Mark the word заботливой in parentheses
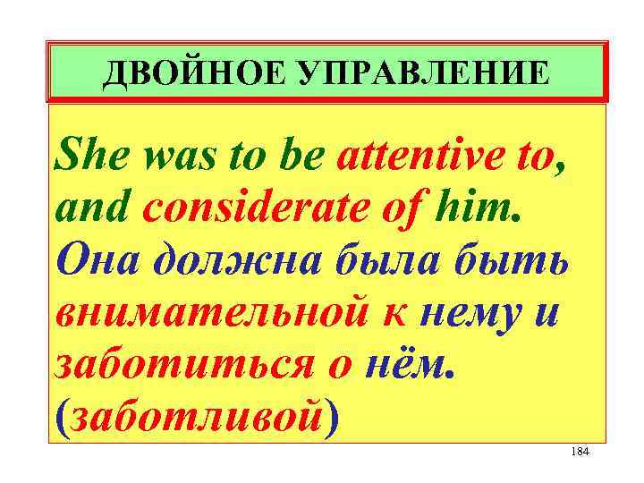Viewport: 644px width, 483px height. (x=196, y=419)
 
